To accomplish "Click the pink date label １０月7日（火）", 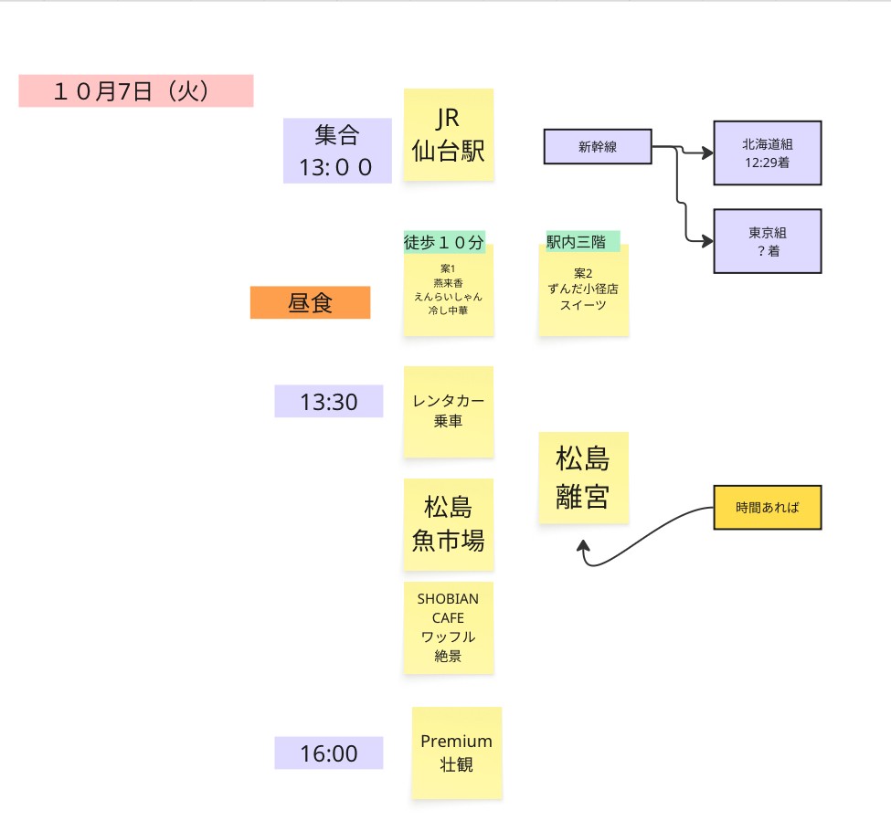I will click(x=135, y=91).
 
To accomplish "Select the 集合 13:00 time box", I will click(x=337, y=151).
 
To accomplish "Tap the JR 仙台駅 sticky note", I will click(x=449, y=134).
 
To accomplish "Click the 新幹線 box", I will click(x=598, y=146).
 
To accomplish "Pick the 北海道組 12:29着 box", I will click(x=767, y=153).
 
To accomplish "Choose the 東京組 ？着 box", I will click(x=767, y=241).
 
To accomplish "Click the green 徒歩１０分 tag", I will click(x=444, y=242).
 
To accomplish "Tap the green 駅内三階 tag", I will click(x=583, y=241).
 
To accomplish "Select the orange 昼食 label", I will click(x=310, y=303).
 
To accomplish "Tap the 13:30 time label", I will click(x=328, y=401).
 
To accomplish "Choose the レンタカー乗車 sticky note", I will click(x=449, y=412).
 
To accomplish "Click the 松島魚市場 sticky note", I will click(x=449, y=523).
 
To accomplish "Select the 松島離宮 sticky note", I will click(x=583, y=478).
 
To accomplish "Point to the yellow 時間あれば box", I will click(x=767, y=508).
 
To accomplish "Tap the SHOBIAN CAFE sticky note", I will click(x=449, y=627).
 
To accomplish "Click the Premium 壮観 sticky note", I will click(x=456, y=753).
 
